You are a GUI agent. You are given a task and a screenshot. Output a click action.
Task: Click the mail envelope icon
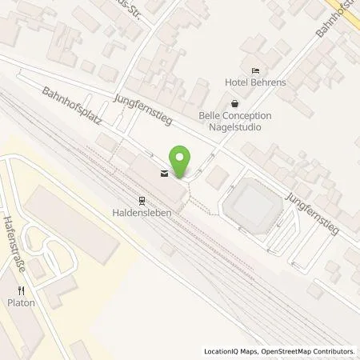click(x=164, y=174)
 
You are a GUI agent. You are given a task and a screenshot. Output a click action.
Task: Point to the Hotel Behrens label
click(x=256, y=83)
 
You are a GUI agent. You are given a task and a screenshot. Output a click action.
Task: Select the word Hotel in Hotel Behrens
click(x=238, y=83)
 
